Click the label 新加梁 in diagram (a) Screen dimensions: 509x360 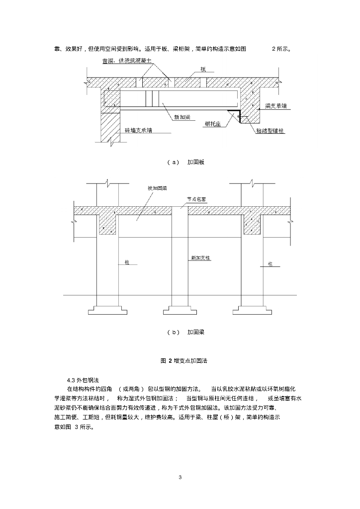[x=181, y=117]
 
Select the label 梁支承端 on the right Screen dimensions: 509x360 [x=278, y=106]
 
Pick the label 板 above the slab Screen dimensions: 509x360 [x=203, y=70]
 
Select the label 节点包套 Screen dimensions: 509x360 [x=196, y=198]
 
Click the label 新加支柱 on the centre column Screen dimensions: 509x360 [x=201, y=258]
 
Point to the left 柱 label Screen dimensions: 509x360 [x=127, y=262]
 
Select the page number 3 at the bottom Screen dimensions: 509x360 [x=180, y=477]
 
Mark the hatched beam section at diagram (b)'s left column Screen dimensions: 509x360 [x=108, y=224]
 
